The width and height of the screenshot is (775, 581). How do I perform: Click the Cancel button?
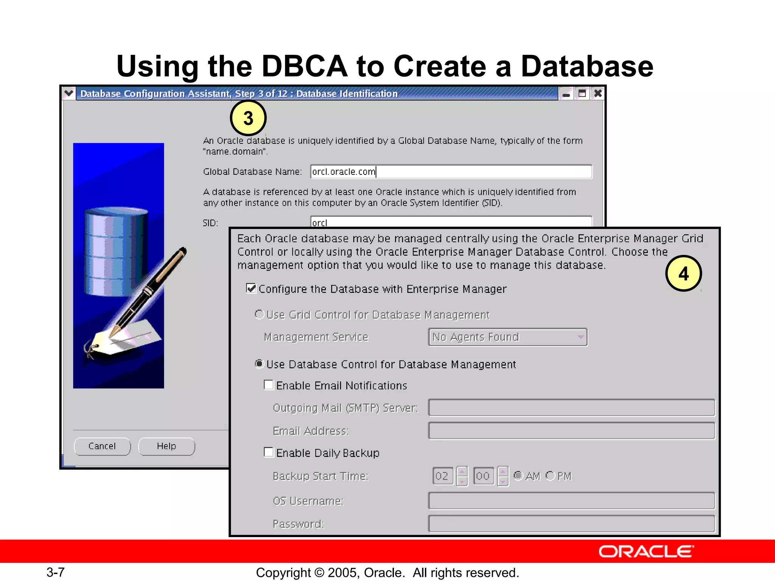102,446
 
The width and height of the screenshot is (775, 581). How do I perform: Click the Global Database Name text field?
451,172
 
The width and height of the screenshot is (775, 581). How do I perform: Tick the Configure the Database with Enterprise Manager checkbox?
251,289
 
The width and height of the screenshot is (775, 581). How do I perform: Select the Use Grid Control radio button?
259,314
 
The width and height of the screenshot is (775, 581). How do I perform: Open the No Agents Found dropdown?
507,337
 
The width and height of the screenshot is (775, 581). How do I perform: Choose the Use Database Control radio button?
259,364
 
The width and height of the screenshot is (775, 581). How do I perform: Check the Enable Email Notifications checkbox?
269,385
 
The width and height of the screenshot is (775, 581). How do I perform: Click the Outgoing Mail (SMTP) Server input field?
571,408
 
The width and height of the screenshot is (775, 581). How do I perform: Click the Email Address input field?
571,431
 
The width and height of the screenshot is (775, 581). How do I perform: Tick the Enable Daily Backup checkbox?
269,452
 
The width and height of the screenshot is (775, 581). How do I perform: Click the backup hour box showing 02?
442,476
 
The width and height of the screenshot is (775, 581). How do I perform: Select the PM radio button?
550,475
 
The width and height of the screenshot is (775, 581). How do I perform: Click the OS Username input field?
571,501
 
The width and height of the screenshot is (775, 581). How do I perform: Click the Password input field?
571,524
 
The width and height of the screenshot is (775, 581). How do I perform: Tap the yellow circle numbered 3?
248,118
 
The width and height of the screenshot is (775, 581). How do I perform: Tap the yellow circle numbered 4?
683,273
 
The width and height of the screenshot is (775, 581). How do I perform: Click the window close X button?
598,93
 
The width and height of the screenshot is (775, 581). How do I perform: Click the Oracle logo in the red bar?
646,551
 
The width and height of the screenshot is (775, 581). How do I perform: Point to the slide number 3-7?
56,572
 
